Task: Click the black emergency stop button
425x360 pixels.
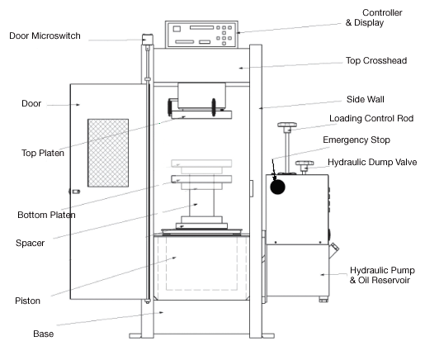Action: (277, 187)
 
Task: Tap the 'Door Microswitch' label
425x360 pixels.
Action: (45, 36)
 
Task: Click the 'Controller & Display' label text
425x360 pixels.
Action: (374, 17)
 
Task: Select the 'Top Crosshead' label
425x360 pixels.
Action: (376, 60)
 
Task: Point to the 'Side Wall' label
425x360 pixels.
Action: (366, 99)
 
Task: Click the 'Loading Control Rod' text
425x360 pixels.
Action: (371, 118)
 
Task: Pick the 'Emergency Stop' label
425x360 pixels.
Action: (357, 140)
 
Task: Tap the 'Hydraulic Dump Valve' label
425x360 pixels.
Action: (372, 162)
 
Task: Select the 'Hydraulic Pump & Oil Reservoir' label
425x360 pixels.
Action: (382, 275)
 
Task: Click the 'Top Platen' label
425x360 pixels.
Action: (43, 153)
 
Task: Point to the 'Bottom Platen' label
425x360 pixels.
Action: (46, 215)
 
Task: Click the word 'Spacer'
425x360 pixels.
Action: (30, 244)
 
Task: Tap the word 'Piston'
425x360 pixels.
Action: (27, 301)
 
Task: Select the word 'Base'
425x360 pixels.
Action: (44, 334)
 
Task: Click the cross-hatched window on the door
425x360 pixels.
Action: (108, 153)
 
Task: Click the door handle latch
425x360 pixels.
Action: (74, 192)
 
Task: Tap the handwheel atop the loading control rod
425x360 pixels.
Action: (287, 125)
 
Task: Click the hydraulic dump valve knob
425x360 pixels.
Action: (305, 163)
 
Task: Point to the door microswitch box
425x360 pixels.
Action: (148, 40)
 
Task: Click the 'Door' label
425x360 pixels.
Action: (31, 103)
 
